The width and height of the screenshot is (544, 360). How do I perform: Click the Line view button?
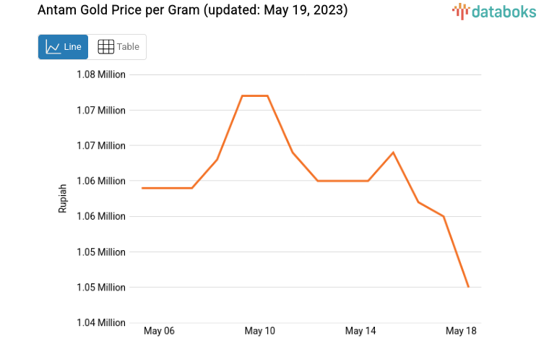[63, 47]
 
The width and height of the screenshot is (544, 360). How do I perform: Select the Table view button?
[118, 47]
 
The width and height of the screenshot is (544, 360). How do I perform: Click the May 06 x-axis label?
[159, 331]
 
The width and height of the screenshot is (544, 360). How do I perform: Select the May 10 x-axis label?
[260, 331]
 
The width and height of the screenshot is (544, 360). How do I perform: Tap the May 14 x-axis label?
[360, 331]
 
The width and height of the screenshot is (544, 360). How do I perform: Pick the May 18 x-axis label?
[461, 331]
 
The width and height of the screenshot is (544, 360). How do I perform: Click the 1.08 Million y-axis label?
[101, 74]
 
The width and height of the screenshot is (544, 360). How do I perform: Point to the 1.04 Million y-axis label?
[101, 322]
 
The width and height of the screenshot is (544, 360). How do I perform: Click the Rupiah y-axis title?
[63, 198]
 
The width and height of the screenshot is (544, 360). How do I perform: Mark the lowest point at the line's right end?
[468, 287]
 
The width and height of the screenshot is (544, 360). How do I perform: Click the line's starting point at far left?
[142, 188]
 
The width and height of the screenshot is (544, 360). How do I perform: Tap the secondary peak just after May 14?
[393, 153]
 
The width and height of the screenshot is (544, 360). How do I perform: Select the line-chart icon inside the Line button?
[53, 47]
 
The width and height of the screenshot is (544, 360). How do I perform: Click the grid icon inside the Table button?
[105, 47]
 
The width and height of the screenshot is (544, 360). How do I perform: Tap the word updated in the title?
[232, 12]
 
